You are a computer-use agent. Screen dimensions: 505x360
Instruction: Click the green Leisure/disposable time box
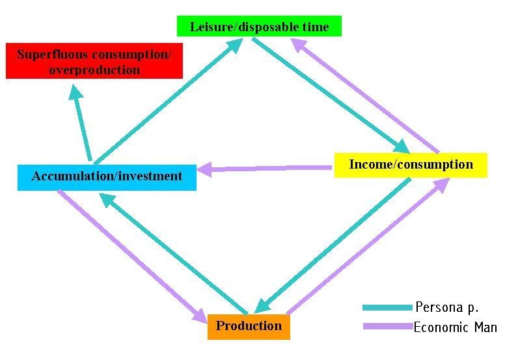[259, 26]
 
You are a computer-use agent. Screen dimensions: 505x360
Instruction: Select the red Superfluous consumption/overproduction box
[94, 61]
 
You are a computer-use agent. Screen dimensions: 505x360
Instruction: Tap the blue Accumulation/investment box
[107, 176]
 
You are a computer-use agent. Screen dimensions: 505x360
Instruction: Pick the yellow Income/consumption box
[411, 165]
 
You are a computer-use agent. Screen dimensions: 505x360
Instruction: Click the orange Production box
[249, 326]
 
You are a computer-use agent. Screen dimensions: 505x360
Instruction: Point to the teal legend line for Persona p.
[387, 307]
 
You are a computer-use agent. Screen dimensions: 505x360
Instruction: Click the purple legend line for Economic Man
[387, 327]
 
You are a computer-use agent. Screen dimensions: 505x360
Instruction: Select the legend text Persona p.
[446, 307]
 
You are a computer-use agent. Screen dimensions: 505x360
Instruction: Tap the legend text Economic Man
[455, 327]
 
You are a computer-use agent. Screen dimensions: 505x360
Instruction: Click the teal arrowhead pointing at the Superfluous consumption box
[76, 93]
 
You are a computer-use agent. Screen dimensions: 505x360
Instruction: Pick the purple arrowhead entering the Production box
[198, 316]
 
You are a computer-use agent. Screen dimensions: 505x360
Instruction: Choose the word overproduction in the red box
[94, 70]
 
